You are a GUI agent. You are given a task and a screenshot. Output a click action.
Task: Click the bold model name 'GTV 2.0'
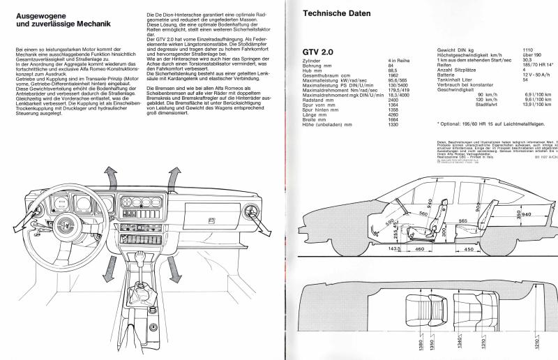pos(317,52)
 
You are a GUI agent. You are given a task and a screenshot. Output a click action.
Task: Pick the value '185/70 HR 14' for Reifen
pos(537,67)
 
